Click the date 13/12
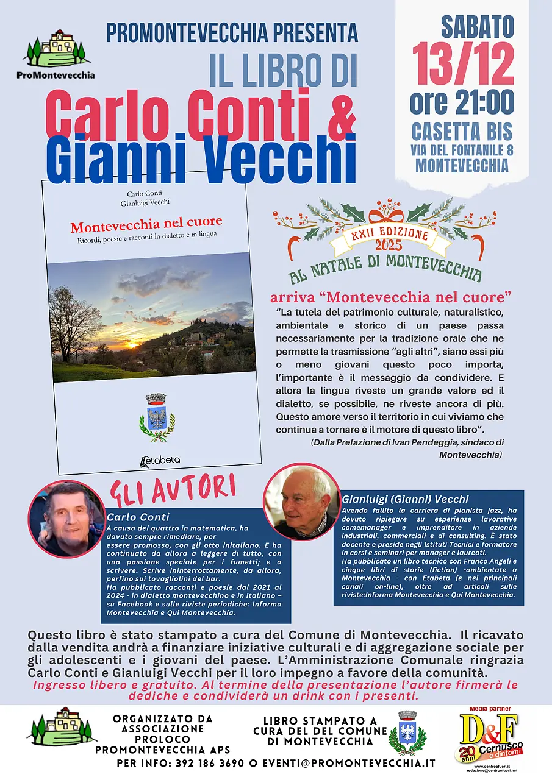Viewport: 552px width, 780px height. tap(462, 64)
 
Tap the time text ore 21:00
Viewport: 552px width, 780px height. tap(462, 102)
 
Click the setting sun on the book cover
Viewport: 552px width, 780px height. tap(131, 345)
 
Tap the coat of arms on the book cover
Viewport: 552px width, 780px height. tap(157, 417)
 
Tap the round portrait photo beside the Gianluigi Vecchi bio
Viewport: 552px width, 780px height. tap(301, 501)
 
